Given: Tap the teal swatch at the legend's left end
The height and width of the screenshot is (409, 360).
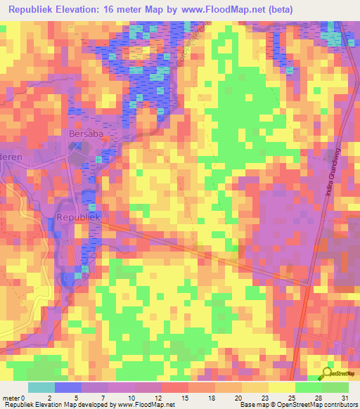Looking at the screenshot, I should coord(41,387).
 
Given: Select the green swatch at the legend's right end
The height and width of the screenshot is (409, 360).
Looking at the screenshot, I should coord(335,387).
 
